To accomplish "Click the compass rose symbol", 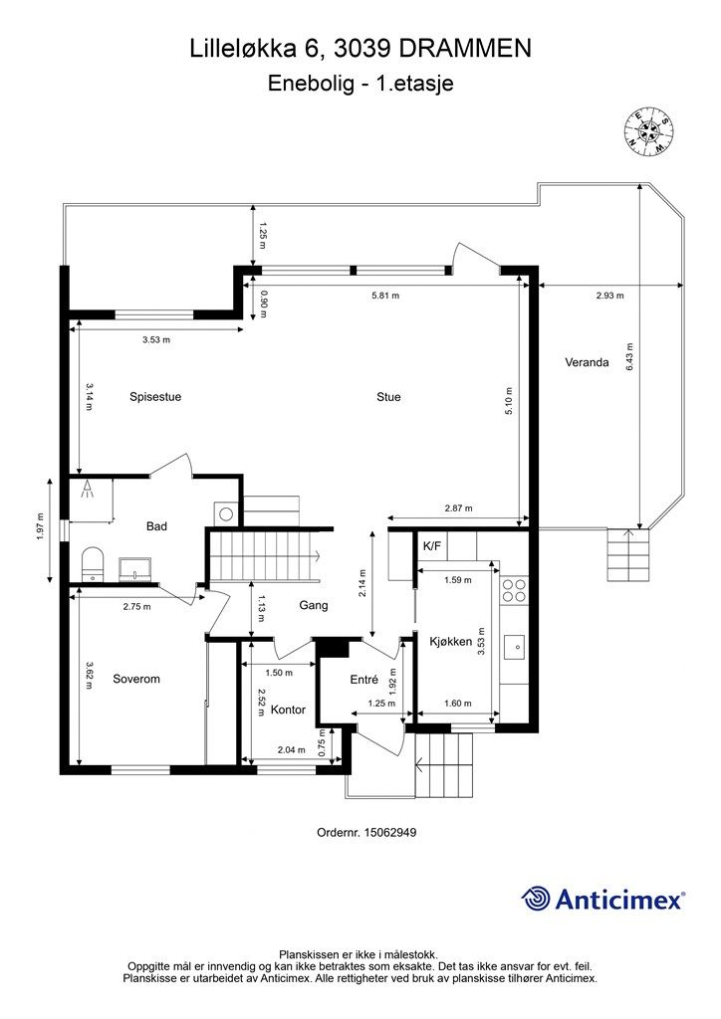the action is click(649, 132).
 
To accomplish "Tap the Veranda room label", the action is click(587, 362).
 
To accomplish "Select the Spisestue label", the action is click(155, 397).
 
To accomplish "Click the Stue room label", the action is click(388, 397).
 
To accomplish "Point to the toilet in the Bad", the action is click(93, 563).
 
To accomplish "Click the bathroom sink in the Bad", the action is click(135, 569).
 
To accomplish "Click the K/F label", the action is click(431, 546).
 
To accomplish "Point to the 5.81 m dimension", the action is click(385, 296).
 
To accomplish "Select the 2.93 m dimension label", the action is click(609, 296).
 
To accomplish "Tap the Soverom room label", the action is click(136, 679).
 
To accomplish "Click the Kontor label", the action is click(288, 710).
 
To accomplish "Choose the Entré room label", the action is click(364, 679).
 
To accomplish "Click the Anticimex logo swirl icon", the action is click(536, 899).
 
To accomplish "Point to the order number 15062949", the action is click(390, 832).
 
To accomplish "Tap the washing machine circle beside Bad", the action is click(226, 514).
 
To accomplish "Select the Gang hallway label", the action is click(314, 606).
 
